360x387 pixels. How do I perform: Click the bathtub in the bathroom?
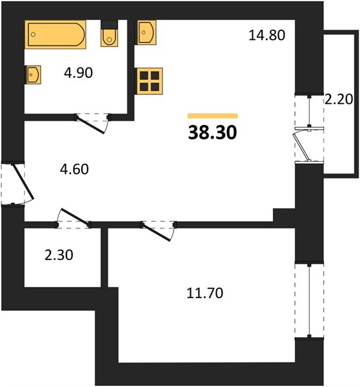(55, 35)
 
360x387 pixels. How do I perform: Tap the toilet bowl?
(109, 37)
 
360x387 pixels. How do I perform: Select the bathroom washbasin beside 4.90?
(33, 75)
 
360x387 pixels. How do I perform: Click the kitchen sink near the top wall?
(146, 33)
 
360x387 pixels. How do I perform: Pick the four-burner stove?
(149, 81)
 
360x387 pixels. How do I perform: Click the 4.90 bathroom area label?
(78, 73)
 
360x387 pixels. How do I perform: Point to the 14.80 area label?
(266, 35)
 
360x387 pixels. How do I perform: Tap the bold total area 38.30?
(213, 132)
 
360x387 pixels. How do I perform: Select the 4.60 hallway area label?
(74, 169)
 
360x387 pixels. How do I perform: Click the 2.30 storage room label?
(59, 255)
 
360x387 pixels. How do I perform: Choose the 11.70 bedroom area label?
(205, 293)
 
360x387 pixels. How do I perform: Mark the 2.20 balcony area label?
(339, 99)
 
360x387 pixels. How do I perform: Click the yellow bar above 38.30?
(213, 116)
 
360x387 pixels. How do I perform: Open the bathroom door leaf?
(90, 125)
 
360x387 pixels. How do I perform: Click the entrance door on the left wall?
(23, 182)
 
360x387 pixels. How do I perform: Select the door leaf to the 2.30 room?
(75, 217)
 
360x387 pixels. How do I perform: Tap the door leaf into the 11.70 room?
(156, 232)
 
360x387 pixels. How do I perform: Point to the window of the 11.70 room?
(309, 301)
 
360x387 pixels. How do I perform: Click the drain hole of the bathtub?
(33, 35)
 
